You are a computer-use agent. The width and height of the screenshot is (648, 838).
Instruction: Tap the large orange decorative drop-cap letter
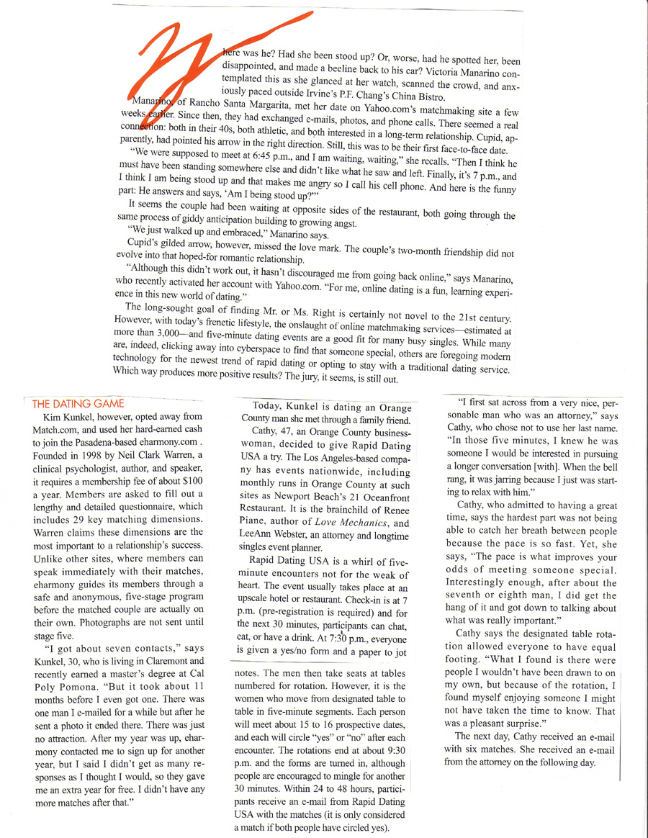coord(181,65)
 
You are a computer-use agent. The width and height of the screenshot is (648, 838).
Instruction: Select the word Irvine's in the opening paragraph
coord(330,97)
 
